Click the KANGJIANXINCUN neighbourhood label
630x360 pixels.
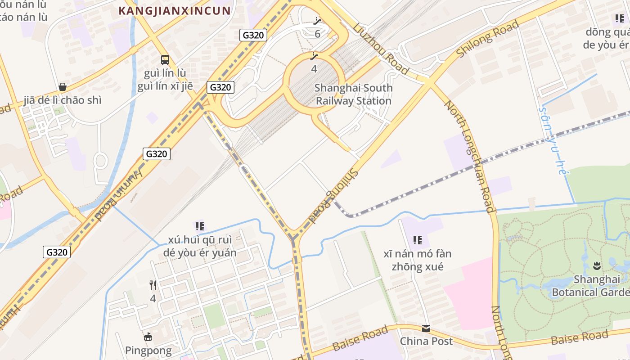(x=174, y=11)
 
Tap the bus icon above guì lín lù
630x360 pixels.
(x=165, y=59)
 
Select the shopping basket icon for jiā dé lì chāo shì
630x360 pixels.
(x=63, y=87)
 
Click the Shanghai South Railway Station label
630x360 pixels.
(x=353, y=94)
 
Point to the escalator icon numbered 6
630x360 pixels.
(x=318, y=21)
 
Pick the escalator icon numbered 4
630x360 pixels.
(x=314, y=56)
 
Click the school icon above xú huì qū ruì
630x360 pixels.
(x=199, y=226)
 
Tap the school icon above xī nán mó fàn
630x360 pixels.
(x=418, y=240)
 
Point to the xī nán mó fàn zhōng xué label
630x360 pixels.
(x=417, y=260)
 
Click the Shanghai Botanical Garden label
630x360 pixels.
(x=590, y=286)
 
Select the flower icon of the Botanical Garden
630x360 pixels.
(x=597, y=265)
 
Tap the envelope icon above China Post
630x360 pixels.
(x=426, y=328)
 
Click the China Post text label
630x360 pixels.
(x=426, y=341)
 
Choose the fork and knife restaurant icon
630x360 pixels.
(x=153, y=285)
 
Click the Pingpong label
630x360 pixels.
(x=148, y=350)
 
